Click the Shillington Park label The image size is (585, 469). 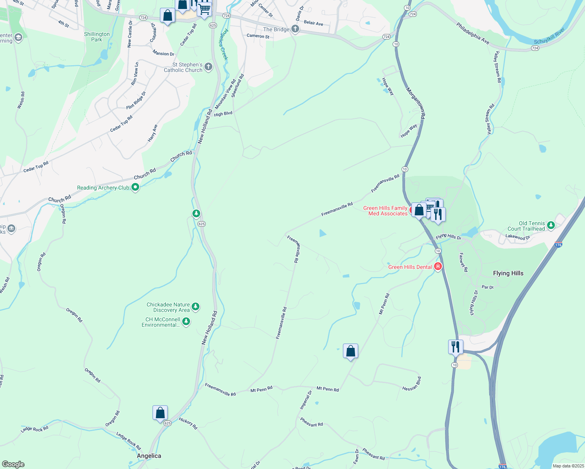coord(97,37)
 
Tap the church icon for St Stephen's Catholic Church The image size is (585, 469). coord(208,67)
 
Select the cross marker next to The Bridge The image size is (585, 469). coord(295,29)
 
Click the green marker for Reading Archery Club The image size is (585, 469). coord(135,188)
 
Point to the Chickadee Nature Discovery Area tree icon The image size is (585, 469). coord(196,307)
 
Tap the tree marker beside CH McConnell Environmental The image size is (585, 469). coord(187,322)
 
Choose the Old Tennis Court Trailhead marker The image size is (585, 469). coord(551,225)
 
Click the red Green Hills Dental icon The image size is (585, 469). coord(438,267)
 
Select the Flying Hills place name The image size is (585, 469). coord(508,273)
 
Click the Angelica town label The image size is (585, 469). coord(149,456)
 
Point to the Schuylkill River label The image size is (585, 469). coord(549,36)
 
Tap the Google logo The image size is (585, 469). coord(13,464)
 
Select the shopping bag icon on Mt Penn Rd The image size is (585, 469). coord(350,351)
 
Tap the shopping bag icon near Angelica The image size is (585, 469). coord(160,413)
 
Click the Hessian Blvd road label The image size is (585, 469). coord(412,383)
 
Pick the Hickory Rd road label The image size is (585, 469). coord(188,423)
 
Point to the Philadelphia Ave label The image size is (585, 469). coord(472,33)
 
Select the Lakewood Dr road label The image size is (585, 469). coord(517,237)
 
